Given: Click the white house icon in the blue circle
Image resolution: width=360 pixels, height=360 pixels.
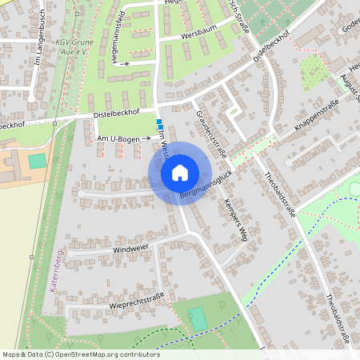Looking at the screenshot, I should pos(180,172).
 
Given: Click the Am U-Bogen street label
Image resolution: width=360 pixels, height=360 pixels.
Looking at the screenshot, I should pos(118,139).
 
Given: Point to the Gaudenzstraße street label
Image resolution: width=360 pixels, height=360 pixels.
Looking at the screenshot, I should pos(211,133).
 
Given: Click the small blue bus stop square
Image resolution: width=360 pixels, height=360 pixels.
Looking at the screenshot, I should pos(160,124).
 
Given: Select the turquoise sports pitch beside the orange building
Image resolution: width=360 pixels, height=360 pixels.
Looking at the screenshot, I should pos(37,161).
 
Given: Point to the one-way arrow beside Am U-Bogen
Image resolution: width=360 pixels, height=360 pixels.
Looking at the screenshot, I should pos(146,139).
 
